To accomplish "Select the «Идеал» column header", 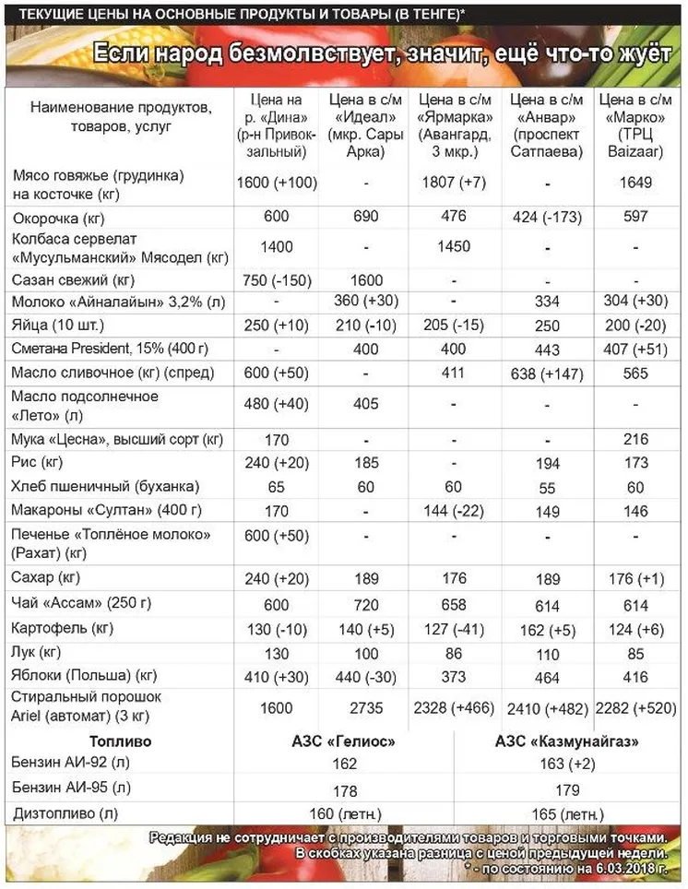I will [x=366, y=124].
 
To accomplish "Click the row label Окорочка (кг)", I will [x=58, y=218].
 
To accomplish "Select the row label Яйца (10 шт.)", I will [x=59, y=326].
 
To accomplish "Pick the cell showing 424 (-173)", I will [x=548, y=218].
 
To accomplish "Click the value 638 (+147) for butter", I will [x=548, y=373].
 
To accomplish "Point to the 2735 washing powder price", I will [x=366, y=708].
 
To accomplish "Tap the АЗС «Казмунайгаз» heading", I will [x=568, y=741].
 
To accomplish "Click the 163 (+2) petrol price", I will [x=568, y=764].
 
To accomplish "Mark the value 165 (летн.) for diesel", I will [x=568, y=813].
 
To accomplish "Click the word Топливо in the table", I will [x=121, y=741].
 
